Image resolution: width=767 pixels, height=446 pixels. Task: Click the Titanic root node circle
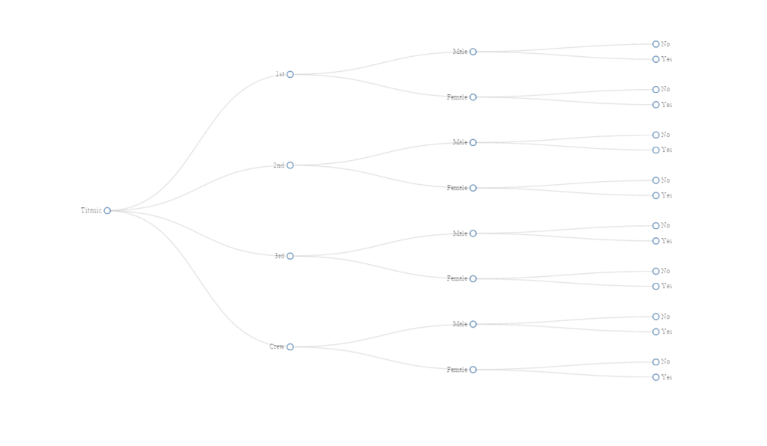(x=107, y=210)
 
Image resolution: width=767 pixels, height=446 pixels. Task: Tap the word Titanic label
(x=91, y=210)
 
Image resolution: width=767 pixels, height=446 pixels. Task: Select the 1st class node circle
(x=290, y=74)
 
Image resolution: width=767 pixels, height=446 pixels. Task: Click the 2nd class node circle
(x=290, y=165)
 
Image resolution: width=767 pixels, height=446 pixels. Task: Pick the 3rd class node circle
(x=290, y=256)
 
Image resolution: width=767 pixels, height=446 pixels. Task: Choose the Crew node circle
(x=290, y=346)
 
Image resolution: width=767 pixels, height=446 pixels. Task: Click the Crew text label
(x=276, y=346)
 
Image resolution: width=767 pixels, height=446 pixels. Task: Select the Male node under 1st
(x=473, y=52)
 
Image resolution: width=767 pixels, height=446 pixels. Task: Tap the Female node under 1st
(x=473, y=97)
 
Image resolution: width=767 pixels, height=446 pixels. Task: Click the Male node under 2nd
(x=473, y=142)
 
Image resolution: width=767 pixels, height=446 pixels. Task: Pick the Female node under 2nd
(x=473, y=188)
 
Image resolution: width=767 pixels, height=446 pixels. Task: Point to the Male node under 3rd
(x=473, y=233)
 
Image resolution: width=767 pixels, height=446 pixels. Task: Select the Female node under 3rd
(x=473, y=278)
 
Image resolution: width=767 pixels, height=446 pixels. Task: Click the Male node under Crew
(x=473, y=324)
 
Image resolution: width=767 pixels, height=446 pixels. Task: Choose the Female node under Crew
(x=473, y=370)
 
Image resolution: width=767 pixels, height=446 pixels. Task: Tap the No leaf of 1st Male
(x=656, y=44)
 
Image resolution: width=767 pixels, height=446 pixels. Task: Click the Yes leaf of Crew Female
(x=656, y=377)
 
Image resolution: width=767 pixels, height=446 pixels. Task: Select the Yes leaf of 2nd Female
(x=656, y=195)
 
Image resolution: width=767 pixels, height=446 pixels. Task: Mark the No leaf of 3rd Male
(x=656, y=225)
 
